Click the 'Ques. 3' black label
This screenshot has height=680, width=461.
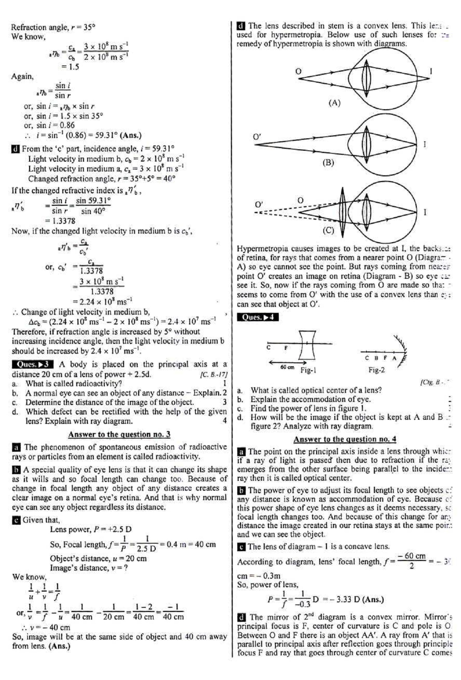point(32,364)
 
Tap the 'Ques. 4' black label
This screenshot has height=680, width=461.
point(257,317)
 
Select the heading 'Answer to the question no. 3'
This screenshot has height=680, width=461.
point(119,434)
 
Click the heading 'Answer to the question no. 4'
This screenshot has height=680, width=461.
point(344,439)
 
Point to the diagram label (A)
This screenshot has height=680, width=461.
point(334,102)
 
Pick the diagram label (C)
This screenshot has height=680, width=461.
point(328,230)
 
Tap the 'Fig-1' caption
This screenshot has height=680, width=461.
point(308,370)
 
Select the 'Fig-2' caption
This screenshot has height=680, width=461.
point(376,370)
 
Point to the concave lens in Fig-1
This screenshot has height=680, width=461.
point(307,345)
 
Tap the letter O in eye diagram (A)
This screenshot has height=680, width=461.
point(298,71)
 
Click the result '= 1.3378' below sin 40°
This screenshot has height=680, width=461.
point(60,221)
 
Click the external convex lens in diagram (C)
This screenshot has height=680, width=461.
point(342,213)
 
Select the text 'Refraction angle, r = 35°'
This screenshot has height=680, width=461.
point(53,27)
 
